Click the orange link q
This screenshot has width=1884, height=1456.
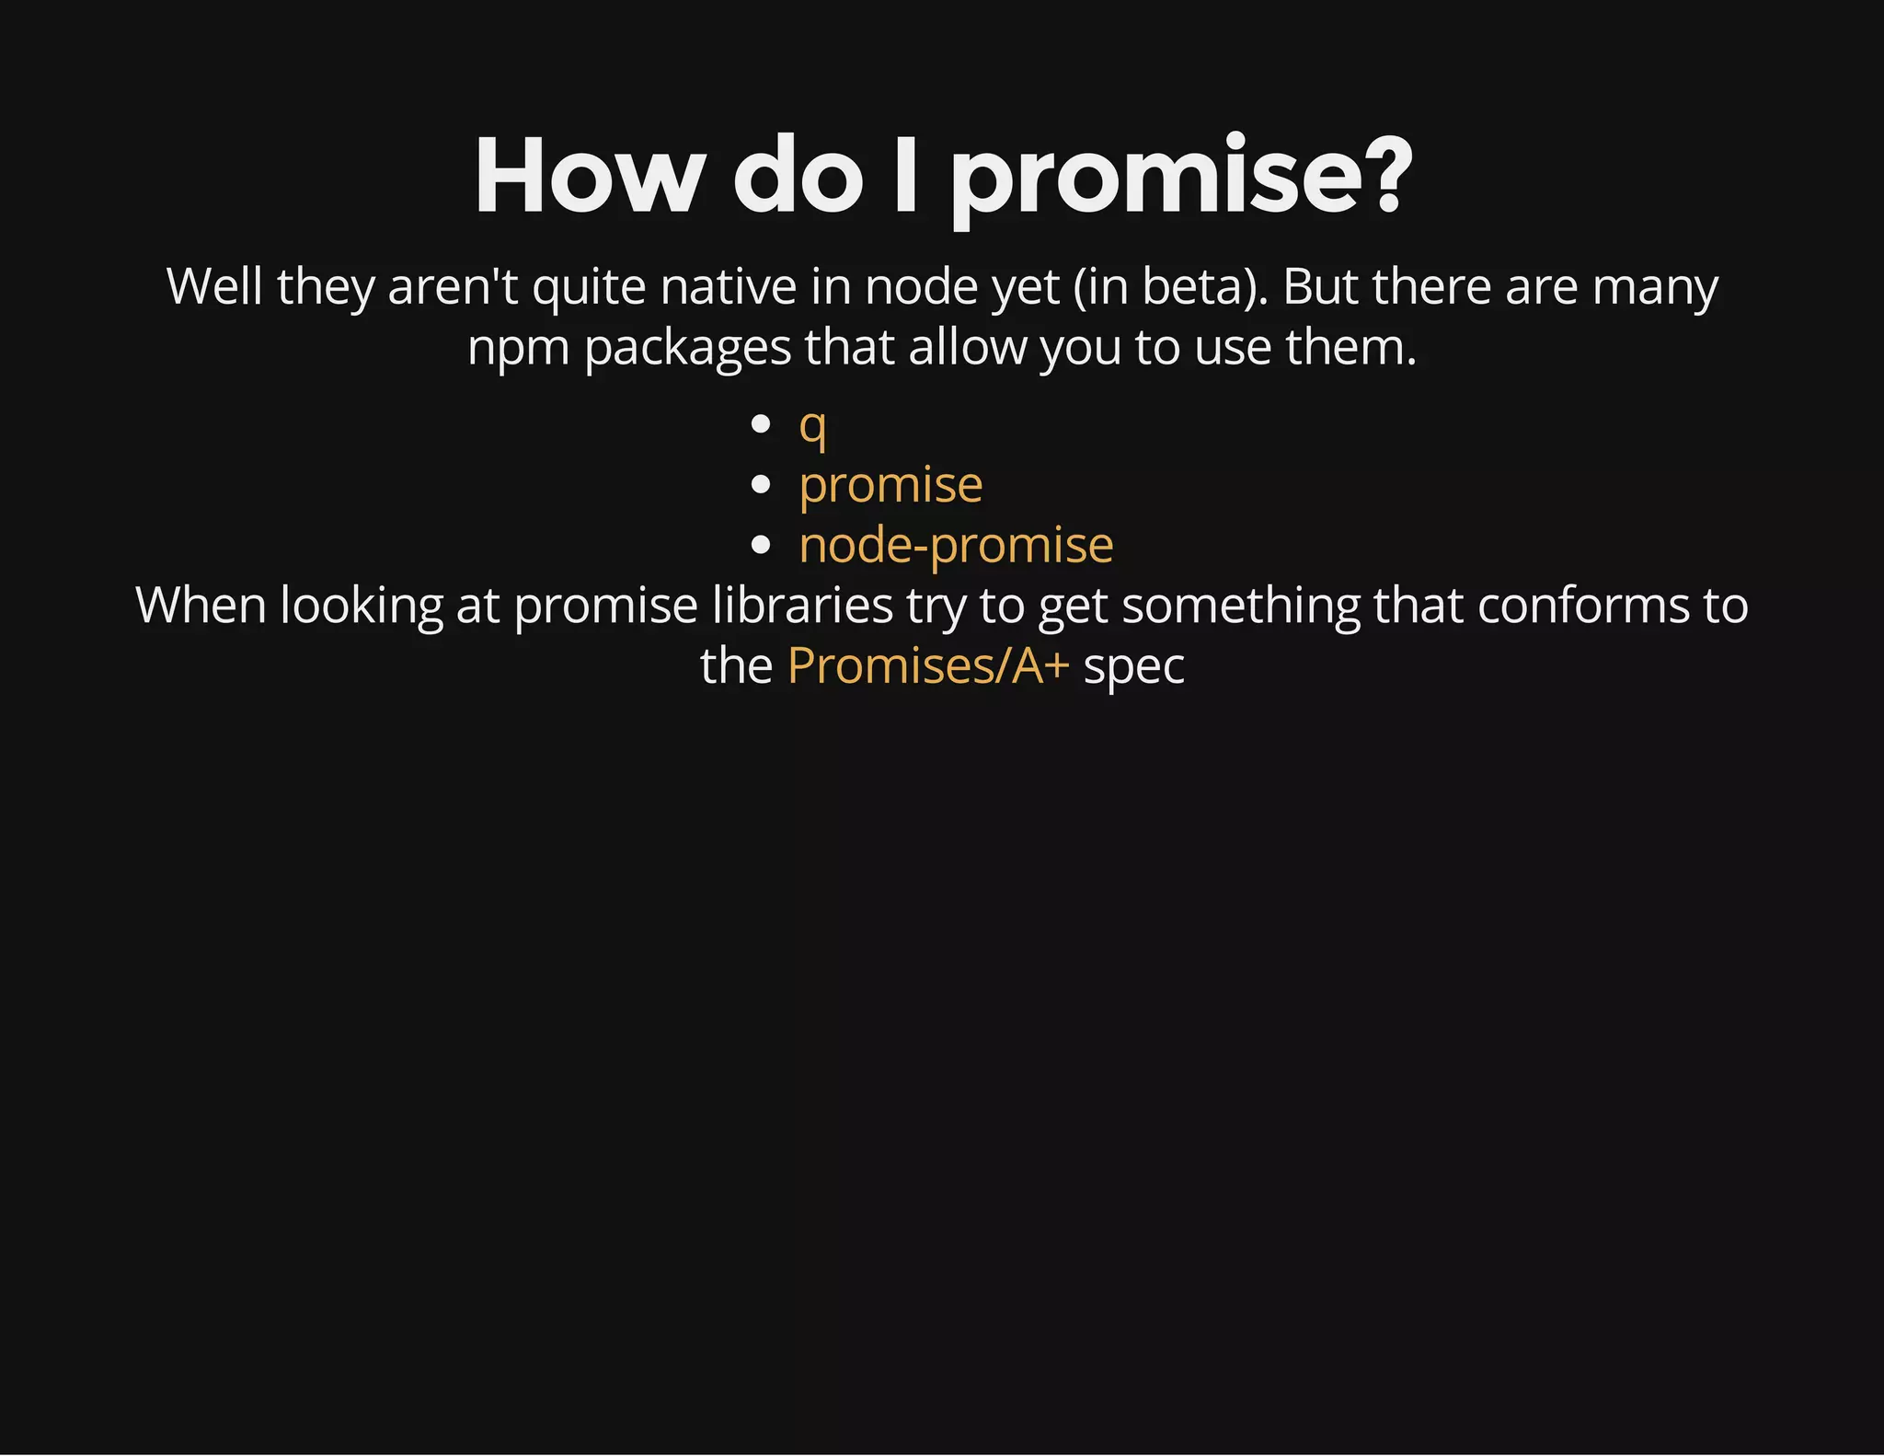coord(812,426)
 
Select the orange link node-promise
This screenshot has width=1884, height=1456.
coord(956,545)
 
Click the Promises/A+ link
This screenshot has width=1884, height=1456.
coord(927,665)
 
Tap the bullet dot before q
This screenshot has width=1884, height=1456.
coord(760,424)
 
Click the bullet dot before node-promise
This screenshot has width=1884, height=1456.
coord(760,545)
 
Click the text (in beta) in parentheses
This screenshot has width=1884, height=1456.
coord(1170,287)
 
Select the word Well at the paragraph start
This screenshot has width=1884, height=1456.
coord(214,287)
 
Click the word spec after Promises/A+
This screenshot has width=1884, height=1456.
coord(1133,667)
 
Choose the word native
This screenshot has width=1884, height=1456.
coord(728,287)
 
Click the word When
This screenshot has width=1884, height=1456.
coord(201,606)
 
